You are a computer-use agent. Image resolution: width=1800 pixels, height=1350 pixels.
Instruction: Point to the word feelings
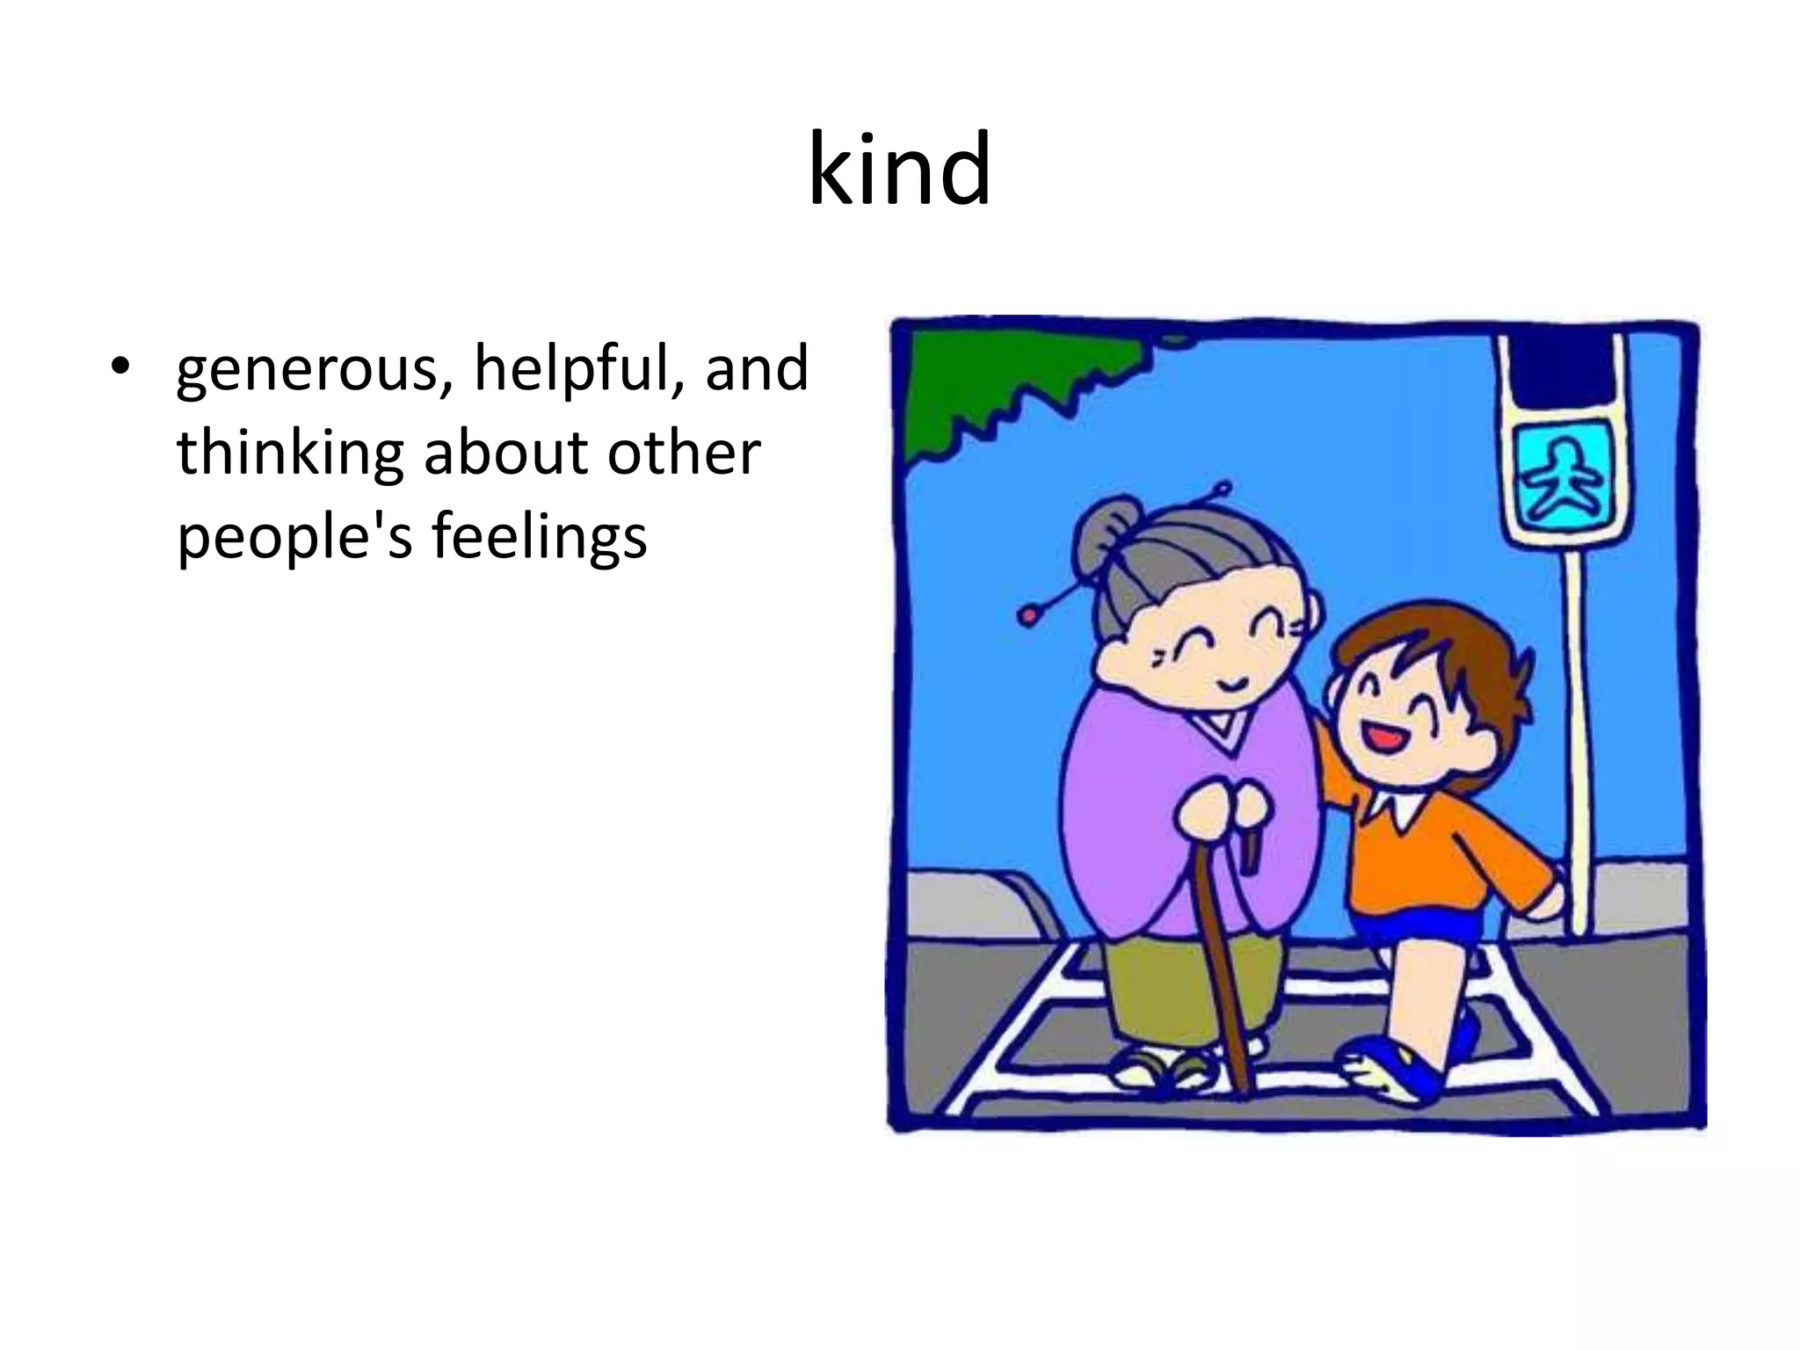tap(539, 537)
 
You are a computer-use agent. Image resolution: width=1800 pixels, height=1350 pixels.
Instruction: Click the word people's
tap(294, 537)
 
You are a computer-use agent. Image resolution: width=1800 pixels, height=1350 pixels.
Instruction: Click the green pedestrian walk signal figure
tap(1564, 479)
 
